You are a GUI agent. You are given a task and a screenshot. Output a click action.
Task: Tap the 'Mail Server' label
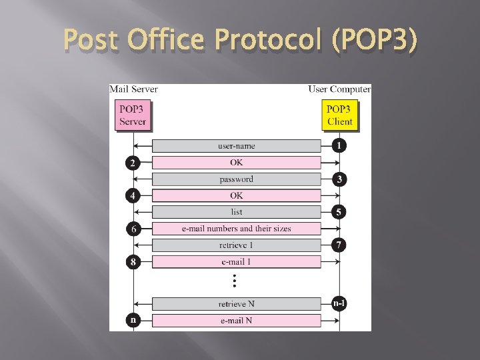[133, 89]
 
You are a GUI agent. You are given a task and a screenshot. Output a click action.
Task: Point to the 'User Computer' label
[339, 89]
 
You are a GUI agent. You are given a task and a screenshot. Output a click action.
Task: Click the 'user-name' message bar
[236, 146]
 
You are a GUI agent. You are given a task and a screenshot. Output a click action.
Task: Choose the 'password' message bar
[236, 179]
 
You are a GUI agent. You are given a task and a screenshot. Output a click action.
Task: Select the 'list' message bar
[236, 212]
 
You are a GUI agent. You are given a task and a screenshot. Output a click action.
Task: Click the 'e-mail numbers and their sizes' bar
[236, 229]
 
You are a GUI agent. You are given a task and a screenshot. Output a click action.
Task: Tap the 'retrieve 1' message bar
[236, 245]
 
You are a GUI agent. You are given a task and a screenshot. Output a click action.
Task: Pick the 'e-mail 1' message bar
[236, 262]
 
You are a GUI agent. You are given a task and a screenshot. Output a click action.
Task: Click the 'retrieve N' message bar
[236, 304]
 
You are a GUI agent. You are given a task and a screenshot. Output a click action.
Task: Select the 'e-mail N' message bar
[236, 321]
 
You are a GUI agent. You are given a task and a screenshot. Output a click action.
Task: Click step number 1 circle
[340, 145]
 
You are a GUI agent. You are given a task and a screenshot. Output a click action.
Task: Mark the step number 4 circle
[133, 195]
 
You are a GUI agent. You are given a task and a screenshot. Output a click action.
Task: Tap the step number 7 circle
[340, 245]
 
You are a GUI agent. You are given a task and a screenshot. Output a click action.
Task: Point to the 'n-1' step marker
[339, 303]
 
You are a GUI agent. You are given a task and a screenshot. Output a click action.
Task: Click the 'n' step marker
[133, 320]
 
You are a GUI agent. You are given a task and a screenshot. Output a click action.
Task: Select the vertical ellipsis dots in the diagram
[235, 281]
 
